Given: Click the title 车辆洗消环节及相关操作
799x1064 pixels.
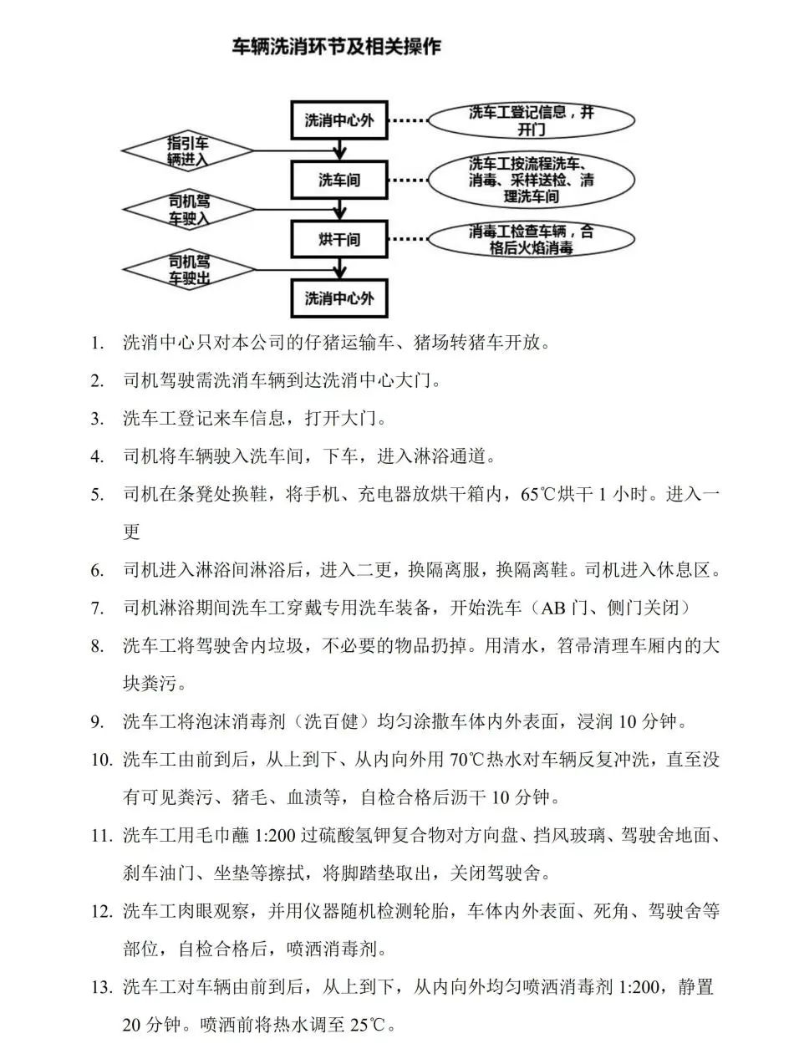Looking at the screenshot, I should pos(337,47).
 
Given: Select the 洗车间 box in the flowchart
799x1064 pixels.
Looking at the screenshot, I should pos(338,180).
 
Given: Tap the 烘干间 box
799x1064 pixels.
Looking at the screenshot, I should pos(338,239).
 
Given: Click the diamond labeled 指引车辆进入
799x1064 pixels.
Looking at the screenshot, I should pos(187,151).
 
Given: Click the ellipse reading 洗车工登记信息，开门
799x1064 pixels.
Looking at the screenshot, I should pos(531,120).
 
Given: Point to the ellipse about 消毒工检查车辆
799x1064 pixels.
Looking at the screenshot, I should pos(531,239).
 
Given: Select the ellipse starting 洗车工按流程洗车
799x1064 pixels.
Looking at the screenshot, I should pos(531,180).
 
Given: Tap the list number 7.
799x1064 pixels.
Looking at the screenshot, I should pos(98,608).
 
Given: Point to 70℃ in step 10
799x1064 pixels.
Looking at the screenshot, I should pos(467,760).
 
